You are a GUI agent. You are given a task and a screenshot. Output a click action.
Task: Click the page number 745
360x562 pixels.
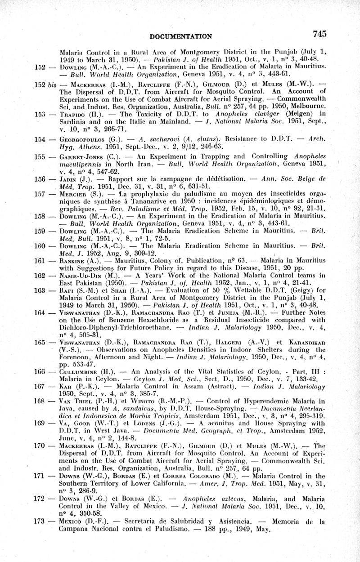317,34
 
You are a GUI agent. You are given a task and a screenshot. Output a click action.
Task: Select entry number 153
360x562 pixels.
40,114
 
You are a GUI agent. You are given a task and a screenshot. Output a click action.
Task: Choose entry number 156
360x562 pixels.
40,179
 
